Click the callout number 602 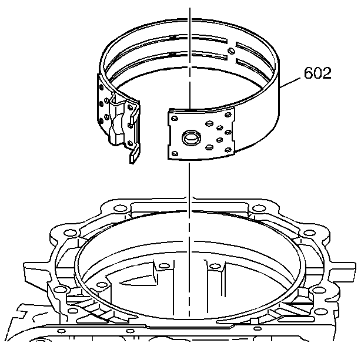(x=317, y=73)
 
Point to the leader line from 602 (x=290, y=83)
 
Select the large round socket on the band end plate (x=191, y=137)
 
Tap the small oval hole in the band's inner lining (x=232, y=51)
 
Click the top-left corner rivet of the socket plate (x=175, y=119)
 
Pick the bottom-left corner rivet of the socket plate (x=175, y=153)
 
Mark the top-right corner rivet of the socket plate (x=228, y=115)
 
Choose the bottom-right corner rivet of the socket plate (x=228, y=150)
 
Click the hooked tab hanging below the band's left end (x=135, y=153)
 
